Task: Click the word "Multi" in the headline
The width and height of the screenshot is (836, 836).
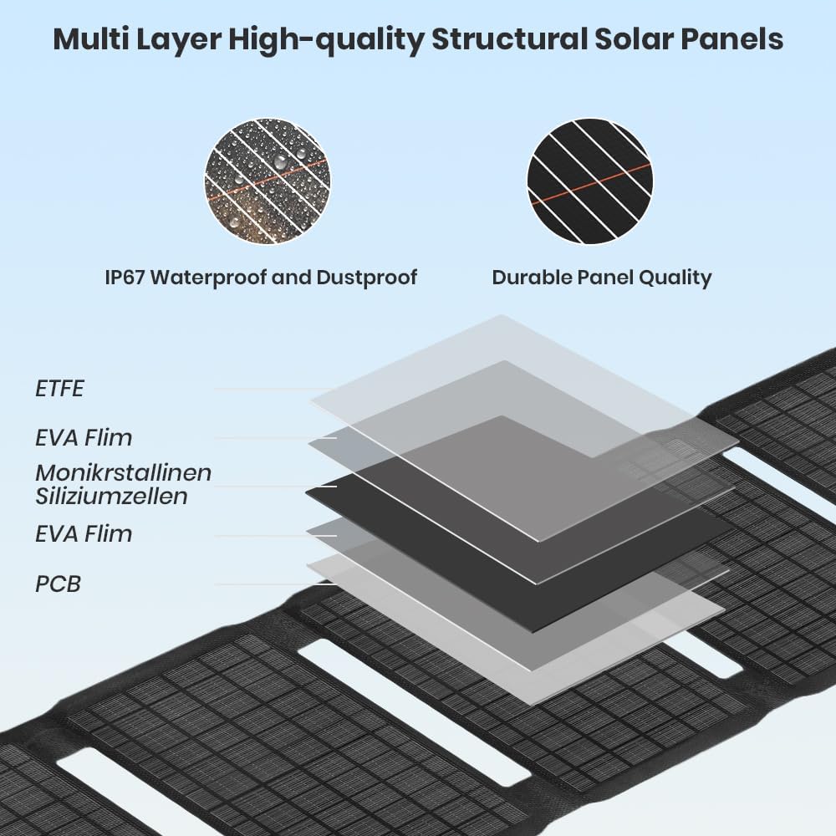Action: tap(90, 39)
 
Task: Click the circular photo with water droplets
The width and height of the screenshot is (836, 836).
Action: tap(268, 181)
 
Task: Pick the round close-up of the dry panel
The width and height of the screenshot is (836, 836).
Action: tap(590, 181)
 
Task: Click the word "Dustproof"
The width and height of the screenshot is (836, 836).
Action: tap(367, 278)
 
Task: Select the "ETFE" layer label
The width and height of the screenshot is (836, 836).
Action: tap(59, 389)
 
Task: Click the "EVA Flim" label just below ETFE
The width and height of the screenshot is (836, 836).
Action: tap(84, 438)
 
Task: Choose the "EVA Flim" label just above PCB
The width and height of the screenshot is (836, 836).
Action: tap(84, 533)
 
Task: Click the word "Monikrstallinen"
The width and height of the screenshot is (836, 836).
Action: tap(124, 473)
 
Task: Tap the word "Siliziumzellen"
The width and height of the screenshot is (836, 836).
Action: tap(111, 497)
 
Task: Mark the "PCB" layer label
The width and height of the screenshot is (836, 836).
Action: tap(59, 584)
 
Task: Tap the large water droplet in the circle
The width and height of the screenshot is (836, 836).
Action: tap(280, 161)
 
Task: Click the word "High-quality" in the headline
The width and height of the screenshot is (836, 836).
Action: tap(326, 40)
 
